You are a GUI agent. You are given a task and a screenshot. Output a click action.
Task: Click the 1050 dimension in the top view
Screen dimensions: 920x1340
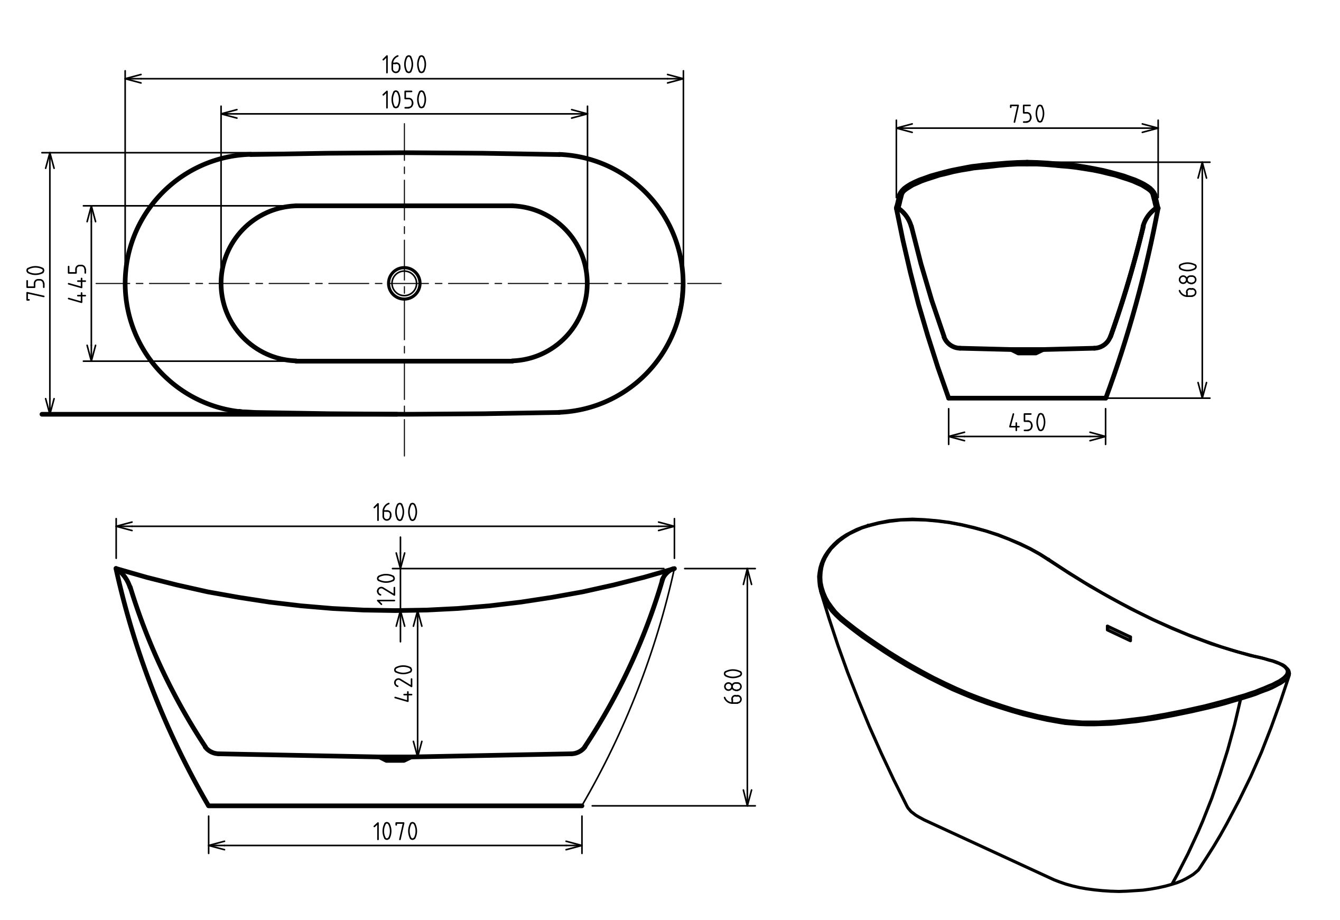404,100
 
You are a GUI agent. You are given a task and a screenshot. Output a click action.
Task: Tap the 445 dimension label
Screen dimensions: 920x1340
78,283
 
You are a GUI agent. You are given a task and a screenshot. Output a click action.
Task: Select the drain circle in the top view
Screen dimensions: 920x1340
404,283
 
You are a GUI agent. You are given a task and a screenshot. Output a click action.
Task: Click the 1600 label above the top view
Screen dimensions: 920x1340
404,65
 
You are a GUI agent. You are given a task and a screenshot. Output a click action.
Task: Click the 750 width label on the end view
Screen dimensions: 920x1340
1027,114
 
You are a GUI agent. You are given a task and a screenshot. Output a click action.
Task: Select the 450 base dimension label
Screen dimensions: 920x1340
1027,423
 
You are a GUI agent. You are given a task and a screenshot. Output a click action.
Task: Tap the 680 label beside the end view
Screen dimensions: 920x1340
1188,280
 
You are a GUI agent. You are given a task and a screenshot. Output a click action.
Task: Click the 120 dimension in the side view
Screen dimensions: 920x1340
386,587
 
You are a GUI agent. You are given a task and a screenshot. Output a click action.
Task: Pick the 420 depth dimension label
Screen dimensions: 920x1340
404,683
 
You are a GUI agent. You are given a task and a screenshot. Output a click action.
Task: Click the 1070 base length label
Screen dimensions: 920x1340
395,831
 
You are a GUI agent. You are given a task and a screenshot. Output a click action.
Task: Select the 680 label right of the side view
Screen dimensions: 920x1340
733,686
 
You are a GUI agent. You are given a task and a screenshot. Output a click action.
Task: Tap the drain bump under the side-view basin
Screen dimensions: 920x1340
396,760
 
